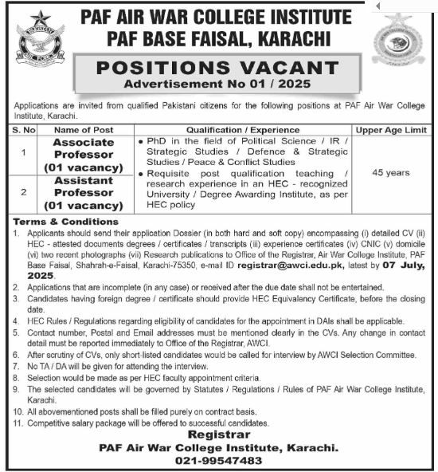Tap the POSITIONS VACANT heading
pos(217,69)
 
